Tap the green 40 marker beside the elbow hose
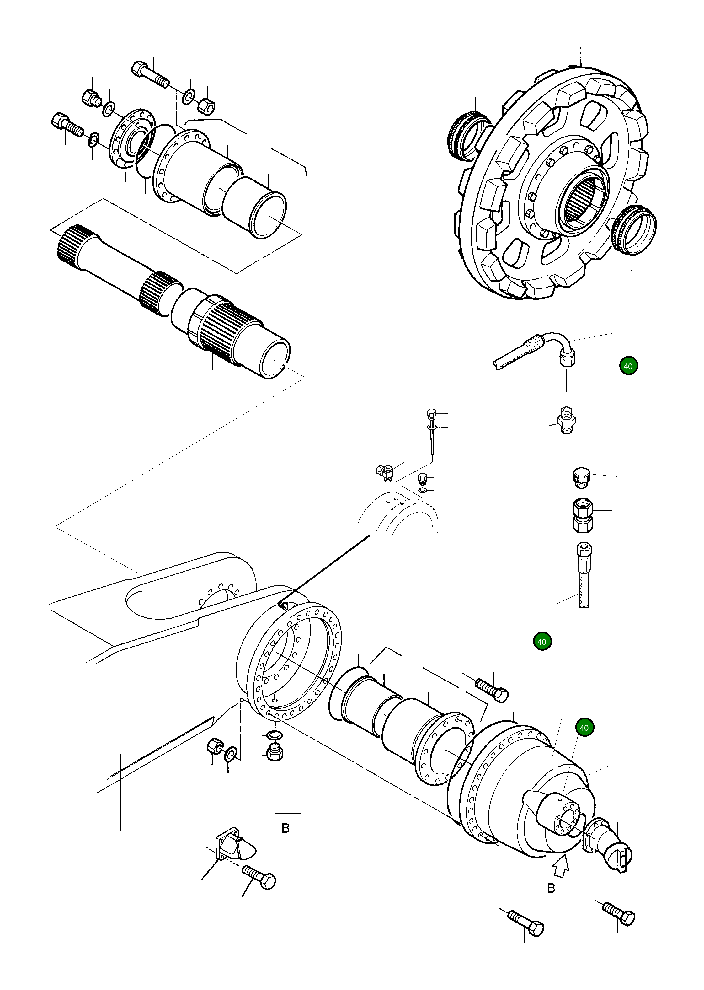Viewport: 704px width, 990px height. click(x=628, y=366)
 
